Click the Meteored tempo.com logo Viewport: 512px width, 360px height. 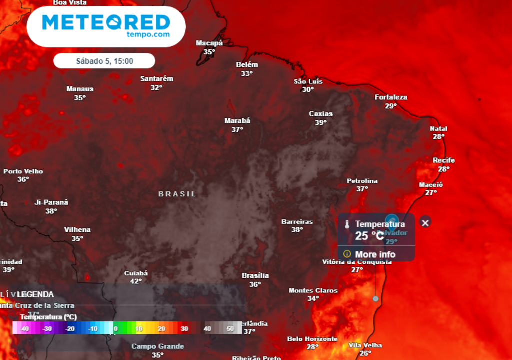coord(106,26)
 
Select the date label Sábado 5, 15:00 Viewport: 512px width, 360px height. coord(104,61)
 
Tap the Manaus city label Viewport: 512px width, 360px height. coord(80,89)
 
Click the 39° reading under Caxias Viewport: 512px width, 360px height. coord(320,122)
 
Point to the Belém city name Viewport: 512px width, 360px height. coord(247,65)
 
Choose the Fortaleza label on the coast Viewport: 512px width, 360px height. coord(391,97)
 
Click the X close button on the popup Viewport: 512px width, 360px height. coord(425,222)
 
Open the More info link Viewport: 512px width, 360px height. coord(375,254)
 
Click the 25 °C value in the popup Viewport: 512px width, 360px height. coord(369,236)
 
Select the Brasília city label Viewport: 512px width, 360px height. coord(255,275)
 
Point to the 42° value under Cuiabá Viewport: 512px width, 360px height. coord(136,281)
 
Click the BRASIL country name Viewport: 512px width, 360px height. coord(177,194)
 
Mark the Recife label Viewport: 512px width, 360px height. coord(444,160)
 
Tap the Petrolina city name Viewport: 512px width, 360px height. coord(362,181)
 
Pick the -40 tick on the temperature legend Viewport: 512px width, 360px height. coord(23,328)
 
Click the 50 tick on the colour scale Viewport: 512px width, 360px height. coord(230,328)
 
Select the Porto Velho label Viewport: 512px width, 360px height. coord(23,171)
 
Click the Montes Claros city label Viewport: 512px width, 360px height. coord(313,290)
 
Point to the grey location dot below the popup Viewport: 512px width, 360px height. coord(375,298)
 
